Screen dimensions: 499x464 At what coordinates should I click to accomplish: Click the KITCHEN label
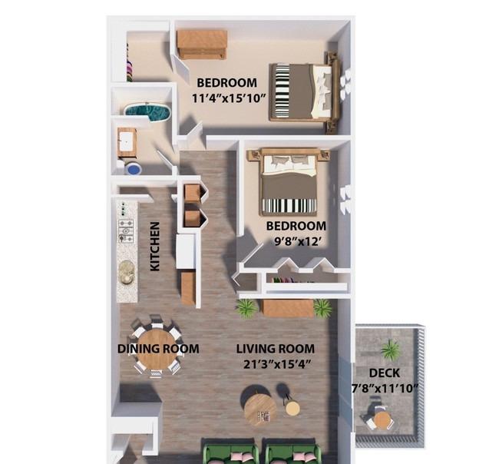(154, 247)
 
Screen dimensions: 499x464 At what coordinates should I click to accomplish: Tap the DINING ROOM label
(158, 349)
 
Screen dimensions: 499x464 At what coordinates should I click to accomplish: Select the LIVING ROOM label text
(276, 349)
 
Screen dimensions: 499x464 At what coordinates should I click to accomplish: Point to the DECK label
(385, 373)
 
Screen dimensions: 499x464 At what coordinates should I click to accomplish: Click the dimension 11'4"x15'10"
(229, 98)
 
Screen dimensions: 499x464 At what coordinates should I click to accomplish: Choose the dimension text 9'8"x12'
(296, 241)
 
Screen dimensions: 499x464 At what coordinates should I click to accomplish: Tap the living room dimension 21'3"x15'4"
(276, 364)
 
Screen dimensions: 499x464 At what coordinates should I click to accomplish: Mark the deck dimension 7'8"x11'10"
(385, 388)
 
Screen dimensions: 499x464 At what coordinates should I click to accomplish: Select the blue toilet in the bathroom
(133, 169)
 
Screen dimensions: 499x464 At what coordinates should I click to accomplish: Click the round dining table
(157, 350)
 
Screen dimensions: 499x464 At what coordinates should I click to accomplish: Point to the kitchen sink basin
(127, 272)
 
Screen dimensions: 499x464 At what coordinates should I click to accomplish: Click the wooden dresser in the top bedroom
(202, 45)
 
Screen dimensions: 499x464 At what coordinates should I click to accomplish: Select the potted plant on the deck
(390, 350)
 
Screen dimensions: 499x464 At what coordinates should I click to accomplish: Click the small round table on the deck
(382, 421)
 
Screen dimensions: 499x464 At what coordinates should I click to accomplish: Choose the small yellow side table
(292, 409)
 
